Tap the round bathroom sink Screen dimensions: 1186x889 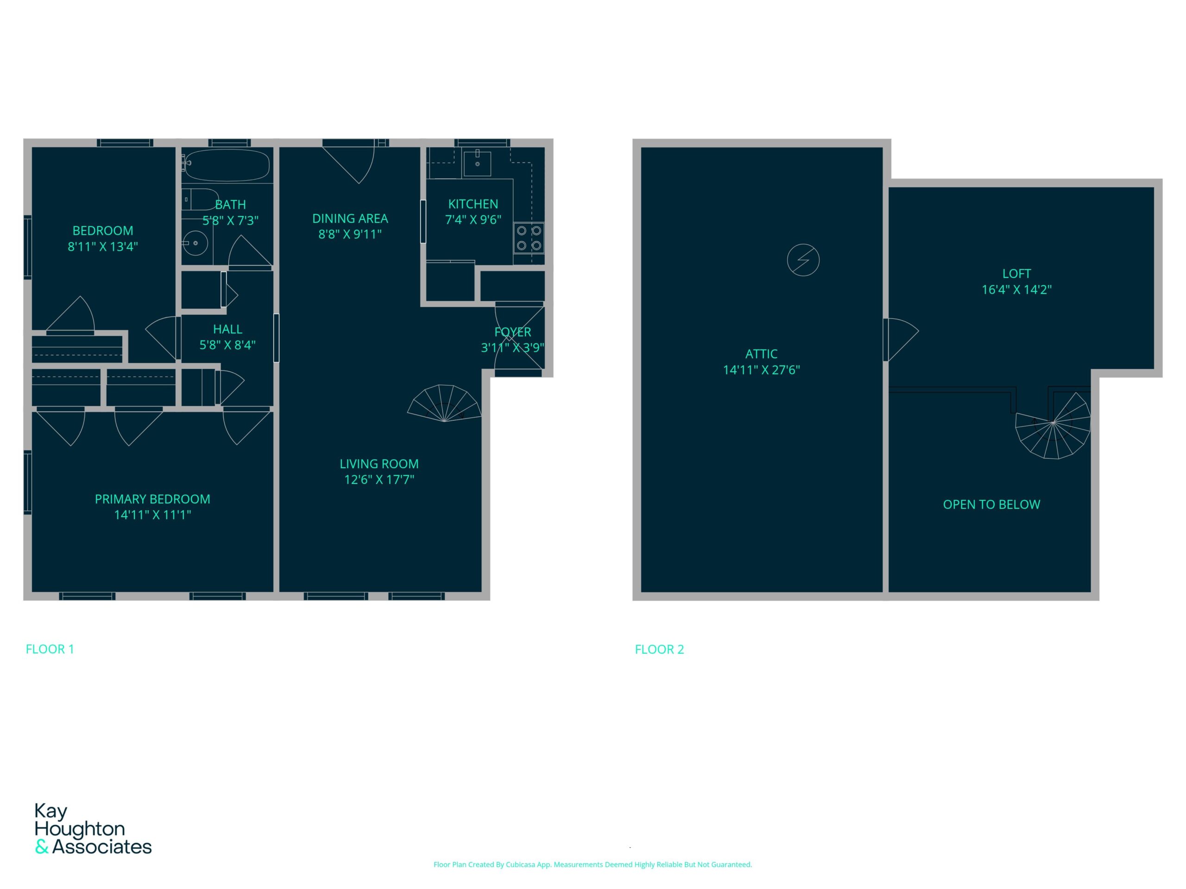click(195, 243)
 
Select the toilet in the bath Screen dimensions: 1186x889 click(201, 200)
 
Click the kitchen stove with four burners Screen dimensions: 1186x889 click(529, 238)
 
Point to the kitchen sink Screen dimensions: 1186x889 click(477, 163)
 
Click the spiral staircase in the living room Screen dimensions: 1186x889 click(444, 403)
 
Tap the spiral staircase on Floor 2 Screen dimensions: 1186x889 click(1053, 426)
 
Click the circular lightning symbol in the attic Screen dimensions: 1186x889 click(803, 260)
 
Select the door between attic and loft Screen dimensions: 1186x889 click(901, 340)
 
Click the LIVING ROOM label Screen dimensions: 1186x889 click(379, 464)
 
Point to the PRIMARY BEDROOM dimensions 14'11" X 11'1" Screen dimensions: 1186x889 click(153, 515)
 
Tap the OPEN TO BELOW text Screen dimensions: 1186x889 click(991, 505)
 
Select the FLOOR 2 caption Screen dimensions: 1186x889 click(660, 650)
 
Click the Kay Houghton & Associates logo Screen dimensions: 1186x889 click(93, 828)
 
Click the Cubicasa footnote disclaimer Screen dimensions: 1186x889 click(593, 864)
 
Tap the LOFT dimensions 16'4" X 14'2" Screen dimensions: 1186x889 click(1016, 290)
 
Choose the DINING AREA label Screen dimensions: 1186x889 click(350, 219)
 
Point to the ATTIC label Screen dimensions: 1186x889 click(761, 354)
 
